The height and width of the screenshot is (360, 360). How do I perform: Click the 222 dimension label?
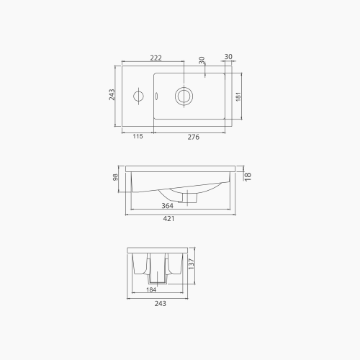point(156,57)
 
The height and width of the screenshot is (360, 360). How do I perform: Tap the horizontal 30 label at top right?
point(228,56)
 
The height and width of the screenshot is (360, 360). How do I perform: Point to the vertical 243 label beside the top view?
point(112,95)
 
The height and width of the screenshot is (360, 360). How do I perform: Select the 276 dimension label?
point(193,136)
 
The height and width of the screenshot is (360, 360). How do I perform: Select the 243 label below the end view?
point(160,303)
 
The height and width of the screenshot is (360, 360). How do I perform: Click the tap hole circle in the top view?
point(138,95)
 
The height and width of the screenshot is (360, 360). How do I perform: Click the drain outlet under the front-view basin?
point(192,197)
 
